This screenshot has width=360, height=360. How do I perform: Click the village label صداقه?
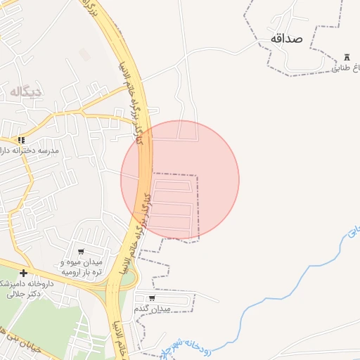[x=285, y=38]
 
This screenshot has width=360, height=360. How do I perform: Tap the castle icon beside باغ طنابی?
[x=347, y=57]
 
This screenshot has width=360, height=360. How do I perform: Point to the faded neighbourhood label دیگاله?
[x=27, y=91]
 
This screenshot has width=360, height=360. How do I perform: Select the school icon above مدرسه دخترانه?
[x=22, y=140]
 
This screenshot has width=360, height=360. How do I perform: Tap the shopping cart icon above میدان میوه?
[x=81, y=252]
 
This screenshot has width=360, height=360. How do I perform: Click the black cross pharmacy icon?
[x=24, y=273]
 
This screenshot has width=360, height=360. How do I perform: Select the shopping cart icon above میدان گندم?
[x=152, y=298]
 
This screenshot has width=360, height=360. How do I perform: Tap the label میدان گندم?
[x=152, y=309]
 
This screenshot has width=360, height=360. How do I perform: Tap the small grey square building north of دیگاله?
[x=84, y=54]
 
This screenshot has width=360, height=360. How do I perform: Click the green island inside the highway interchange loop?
[x=129, y=279]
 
